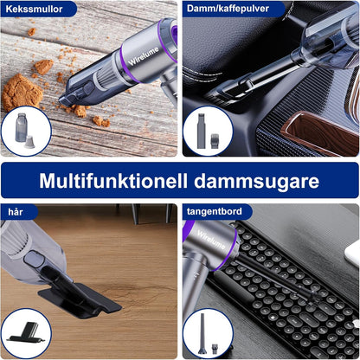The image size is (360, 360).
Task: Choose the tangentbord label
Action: [x=217, y=212]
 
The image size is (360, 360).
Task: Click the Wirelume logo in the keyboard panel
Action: [x=205, y=240]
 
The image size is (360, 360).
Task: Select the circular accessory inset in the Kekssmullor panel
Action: [x=25, y=131]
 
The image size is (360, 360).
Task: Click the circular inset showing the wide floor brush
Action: [x=25, y=333]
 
